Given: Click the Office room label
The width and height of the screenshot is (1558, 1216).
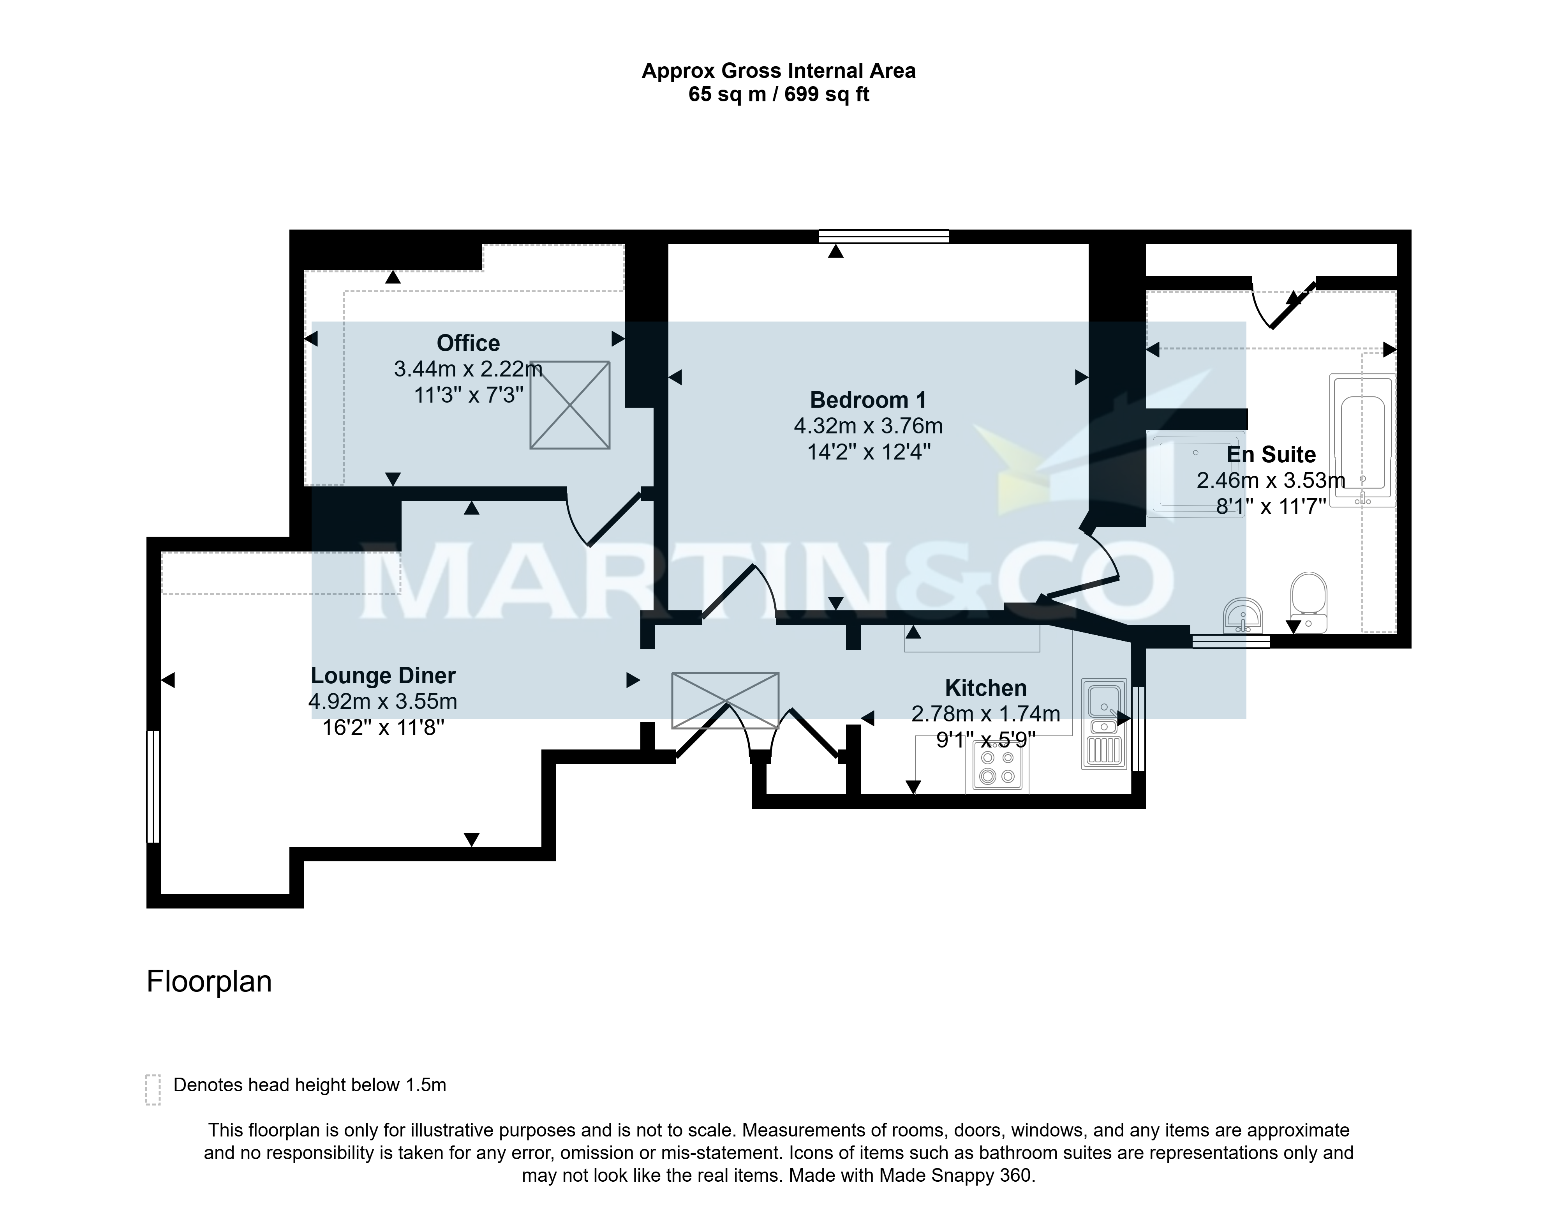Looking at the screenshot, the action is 468,343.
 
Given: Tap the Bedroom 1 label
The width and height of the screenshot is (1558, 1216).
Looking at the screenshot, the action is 868,399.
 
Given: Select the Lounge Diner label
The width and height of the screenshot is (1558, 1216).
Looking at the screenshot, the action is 383,675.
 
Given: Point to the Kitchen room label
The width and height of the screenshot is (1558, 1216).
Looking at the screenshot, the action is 986,688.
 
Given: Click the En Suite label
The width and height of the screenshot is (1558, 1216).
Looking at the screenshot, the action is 1271,454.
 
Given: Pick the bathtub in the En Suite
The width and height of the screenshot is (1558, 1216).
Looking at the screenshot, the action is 1362,440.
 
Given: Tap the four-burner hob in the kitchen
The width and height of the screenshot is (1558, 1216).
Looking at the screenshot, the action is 997,768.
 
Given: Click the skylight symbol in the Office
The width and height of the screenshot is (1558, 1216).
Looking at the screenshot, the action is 570,405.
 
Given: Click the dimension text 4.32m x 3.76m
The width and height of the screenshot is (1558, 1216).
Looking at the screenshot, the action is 868,426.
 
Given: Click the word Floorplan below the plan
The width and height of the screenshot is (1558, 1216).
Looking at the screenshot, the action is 209,981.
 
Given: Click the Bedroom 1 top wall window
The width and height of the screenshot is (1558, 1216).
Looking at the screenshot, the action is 884,236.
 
